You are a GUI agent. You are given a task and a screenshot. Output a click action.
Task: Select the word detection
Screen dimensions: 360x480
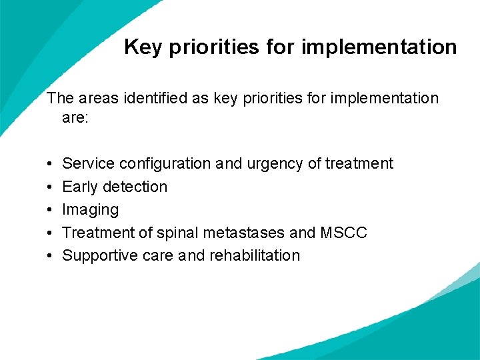(135, 187)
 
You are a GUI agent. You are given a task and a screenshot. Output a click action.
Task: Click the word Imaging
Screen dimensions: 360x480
(90, 210)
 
